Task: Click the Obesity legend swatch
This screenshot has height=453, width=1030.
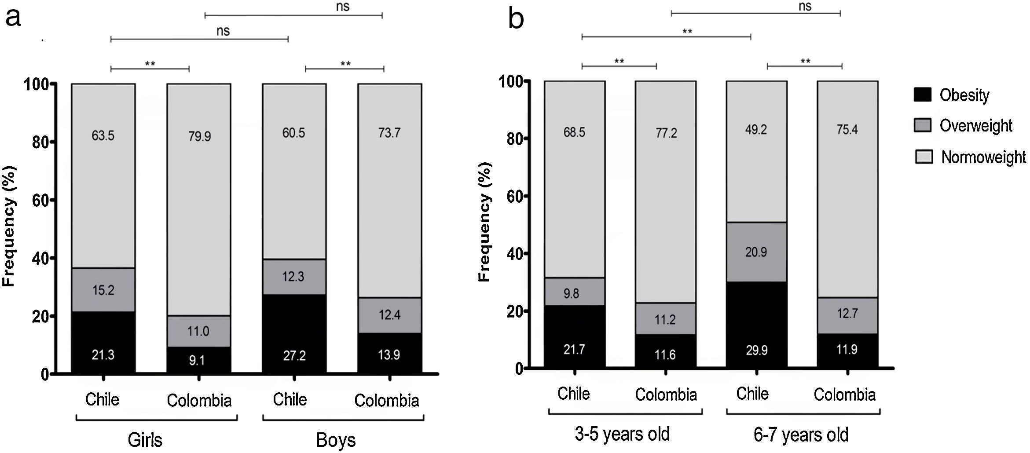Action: [922, 95]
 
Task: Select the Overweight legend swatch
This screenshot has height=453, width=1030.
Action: [922, 125]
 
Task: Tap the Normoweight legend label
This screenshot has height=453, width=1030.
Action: [983, 157]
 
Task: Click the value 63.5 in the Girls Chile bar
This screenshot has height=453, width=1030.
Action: [103, 135]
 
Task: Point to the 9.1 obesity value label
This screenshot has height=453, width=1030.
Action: [197, 361]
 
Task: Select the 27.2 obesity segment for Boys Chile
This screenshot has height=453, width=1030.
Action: [294, 334]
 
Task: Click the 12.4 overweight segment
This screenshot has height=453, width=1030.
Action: [389, 315]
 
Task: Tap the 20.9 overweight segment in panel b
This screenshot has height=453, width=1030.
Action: [756, 252]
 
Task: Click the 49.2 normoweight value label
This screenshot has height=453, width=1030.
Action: [756, 130]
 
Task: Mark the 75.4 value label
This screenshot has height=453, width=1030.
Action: [847, 130]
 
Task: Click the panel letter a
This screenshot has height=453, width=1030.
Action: [13, 18]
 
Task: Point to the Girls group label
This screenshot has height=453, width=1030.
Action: [145, 440]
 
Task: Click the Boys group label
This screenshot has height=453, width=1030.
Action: [336, 440]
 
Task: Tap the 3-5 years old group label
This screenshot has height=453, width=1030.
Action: [622, 434]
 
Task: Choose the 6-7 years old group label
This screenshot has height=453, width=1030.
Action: [801, 435]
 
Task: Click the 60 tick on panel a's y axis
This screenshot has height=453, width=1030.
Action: [40, 201]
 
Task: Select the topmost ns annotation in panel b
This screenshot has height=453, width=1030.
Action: [805, 6]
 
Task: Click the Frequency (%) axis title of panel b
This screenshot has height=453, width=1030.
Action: [484, 222]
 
